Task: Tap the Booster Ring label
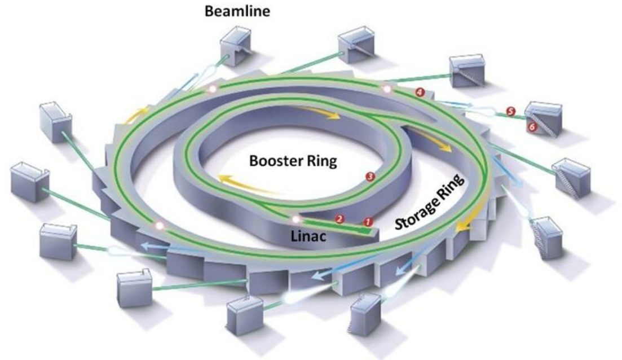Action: pos(293,161)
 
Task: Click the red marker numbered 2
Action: pos(339,217)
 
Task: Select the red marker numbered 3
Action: pos(370,177)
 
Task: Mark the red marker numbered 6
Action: pos(531,128)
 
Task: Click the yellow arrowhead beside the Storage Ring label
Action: pos(464,226)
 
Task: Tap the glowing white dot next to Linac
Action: pos(295,219)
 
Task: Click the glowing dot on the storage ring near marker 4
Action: pos(387,90)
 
